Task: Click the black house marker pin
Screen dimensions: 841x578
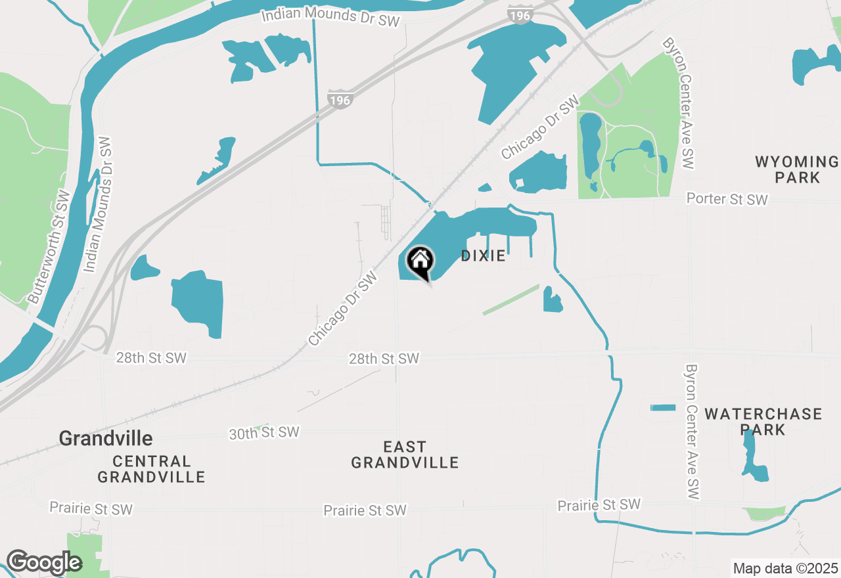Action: tap(420, 262)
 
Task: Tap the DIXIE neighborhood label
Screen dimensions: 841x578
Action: tap(483, 256)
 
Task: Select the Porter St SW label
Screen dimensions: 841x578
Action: tap(727, 199)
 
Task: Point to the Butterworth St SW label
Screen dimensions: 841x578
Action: tap(49, 247)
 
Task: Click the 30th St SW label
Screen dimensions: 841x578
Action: tap(264, 433)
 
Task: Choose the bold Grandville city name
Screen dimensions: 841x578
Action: tap(106, 438)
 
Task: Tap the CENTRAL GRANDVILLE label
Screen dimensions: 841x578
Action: tap(151, 469)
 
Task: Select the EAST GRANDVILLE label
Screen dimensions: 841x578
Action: tap(405, 455)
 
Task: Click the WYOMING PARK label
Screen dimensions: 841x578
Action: tap(797, 169)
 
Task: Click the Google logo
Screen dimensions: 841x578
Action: tap(43, 563)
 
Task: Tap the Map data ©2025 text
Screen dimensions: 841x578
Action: tap(785, 568)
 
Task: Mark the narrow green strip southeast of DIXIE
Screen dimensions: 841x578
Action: tap(511, 300)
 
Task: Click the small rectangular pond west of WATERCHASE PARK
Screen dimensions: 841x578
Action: tap(663, 408)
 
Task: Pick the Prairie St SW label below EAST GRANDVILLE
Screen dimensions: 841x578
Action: tap(365, 510)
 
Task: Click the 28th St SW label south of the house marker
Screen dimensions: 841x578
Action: tap(384, 359)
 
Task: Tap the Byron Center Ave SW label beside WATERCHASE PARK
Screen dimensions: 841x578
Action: tap(691, 432)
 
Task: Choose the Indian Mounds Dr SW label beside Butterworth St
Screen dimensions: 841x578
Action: tap(98, 205)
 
